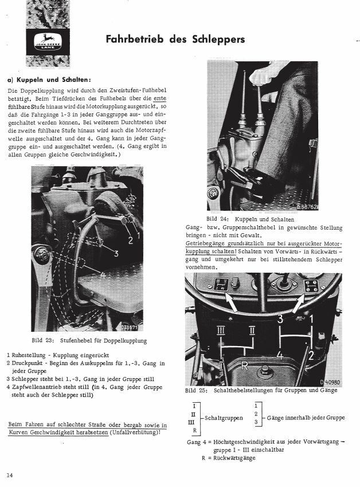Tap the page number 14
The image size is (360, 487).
(10, 475)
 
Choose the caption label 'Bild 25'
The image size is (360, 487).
(197, 391)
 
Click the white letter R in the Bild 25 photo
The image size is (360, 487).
(244, 366)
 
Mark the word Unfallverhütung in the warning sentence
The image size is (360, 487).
(133, 433)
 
